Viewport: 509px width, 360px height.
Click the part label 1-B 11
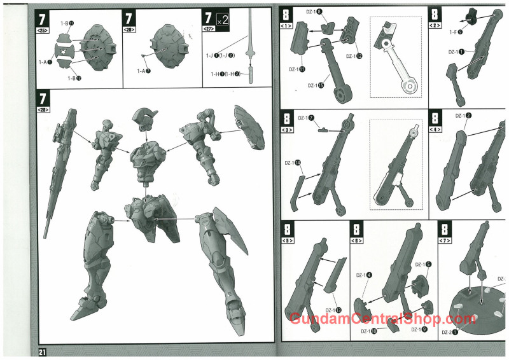(67, 23)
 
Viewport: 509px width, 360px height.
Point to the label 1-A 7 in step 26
(144, 71)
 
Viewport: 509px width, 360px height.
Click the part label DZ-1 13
(333, 310)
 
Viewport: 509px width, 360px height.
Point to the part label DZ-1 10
(369, 331)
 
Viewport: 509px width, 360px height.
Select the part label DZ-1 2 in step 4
(463, 115)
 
